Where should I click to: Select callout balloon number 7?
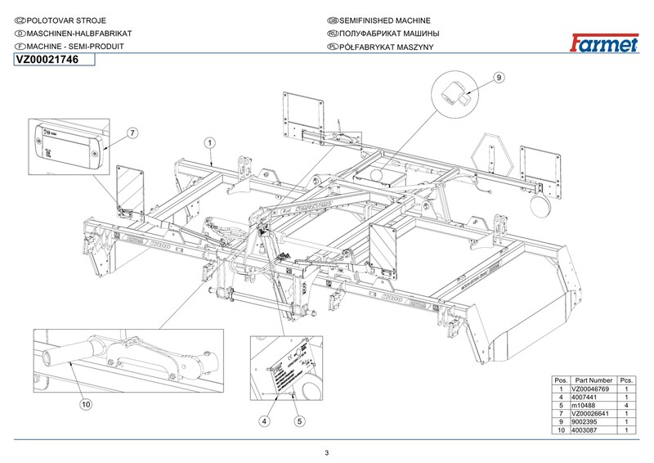[132, 132]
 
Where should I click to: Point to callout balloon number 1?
[209, 142]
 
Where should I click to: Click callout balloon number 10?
[86, 403]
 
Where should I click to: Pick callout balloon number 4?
[264, 421]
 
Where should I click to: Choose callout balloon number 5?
[299, 421]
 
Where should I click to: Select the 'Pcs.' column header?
[626, 381]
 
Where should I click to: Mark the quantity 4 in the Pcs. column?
[626, 406]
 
